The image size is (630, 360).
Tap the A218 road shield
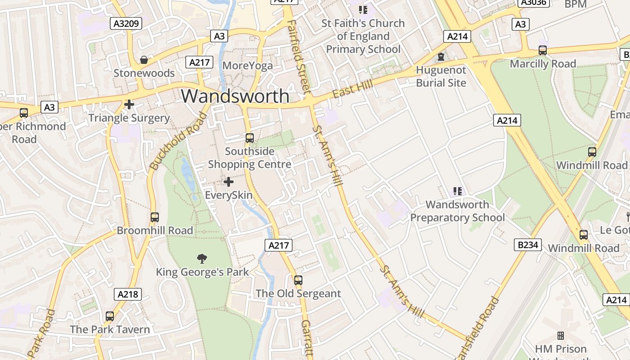(x=127, y=294)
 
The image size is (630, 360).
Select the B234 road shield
(x=527, y=245)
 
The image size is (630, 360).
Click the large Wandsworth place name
(x=235, y=96)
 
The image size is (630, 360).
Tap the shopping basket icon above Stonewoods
(x=144, y=60)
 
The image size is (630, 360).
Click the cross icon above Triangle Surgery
(x=129, y=105)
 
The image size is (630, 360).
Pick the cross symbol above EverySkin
(x=229, y=182)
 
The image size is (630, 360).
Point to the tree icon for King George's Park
(x=202, y=258)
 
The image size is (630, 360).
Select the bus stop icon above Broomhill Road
(x=155, y=217)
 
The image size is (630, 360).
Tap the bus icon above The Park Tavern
(x=110, y=316)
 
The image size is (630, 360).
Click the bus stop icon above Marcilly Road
(x=543, y=50)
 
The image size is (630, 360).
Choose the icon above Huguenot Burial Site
(x=441, y=57)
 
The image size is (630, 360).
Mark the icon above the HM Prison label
(x=561, y=336)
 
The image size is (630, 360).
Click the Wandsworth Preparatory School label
(x=457, y=211)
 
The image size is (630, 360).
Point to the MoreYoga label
(x=247, y=66)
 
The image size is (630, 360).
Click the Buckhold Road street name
(x=179, y=141)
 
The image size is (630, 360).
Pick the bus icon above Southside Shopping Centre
(x=249, y=138)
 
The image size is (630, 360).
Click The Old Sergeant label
(x=298, y=293)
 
